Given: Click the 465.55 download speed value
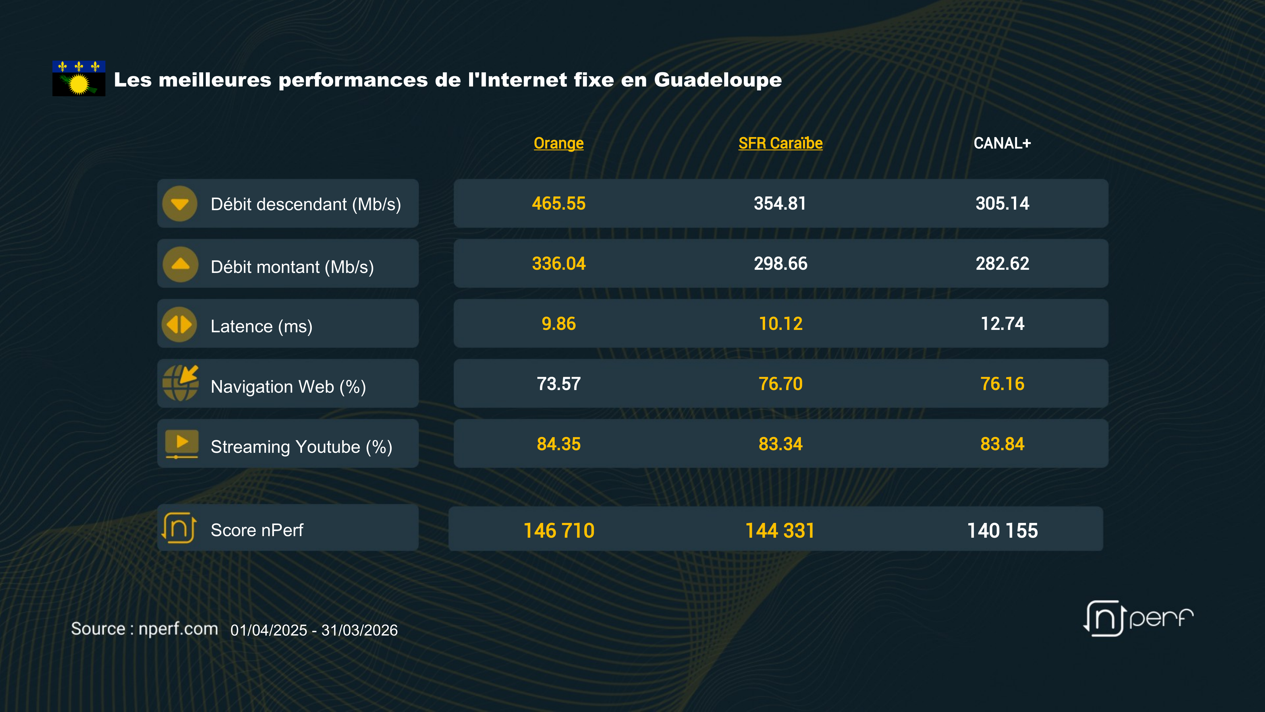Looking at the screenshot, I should [x=558, y=203].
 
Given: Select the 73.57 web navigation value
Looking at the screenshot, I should [x=558, y=384].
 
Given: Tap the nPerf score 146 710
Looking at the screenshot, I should [x=559, y=530].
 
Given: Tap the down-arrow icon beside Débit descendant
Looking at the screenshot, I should [x=180, y=203].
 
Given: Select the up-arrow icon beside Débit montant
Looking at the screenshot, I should [x=180, y=264].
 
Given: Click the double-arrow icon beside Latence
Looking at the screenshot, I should [x=179, y=324].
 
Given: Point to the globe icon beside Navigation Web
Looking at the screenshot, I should [x=180, y=383].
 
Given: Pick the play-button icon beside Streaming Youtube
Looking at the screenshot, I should [x=182, y=443].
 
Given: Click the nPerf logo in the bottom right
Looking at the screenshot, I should [x=1138, y=618].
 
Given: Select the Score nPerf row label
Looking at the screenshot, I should [x=257, y=530].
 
